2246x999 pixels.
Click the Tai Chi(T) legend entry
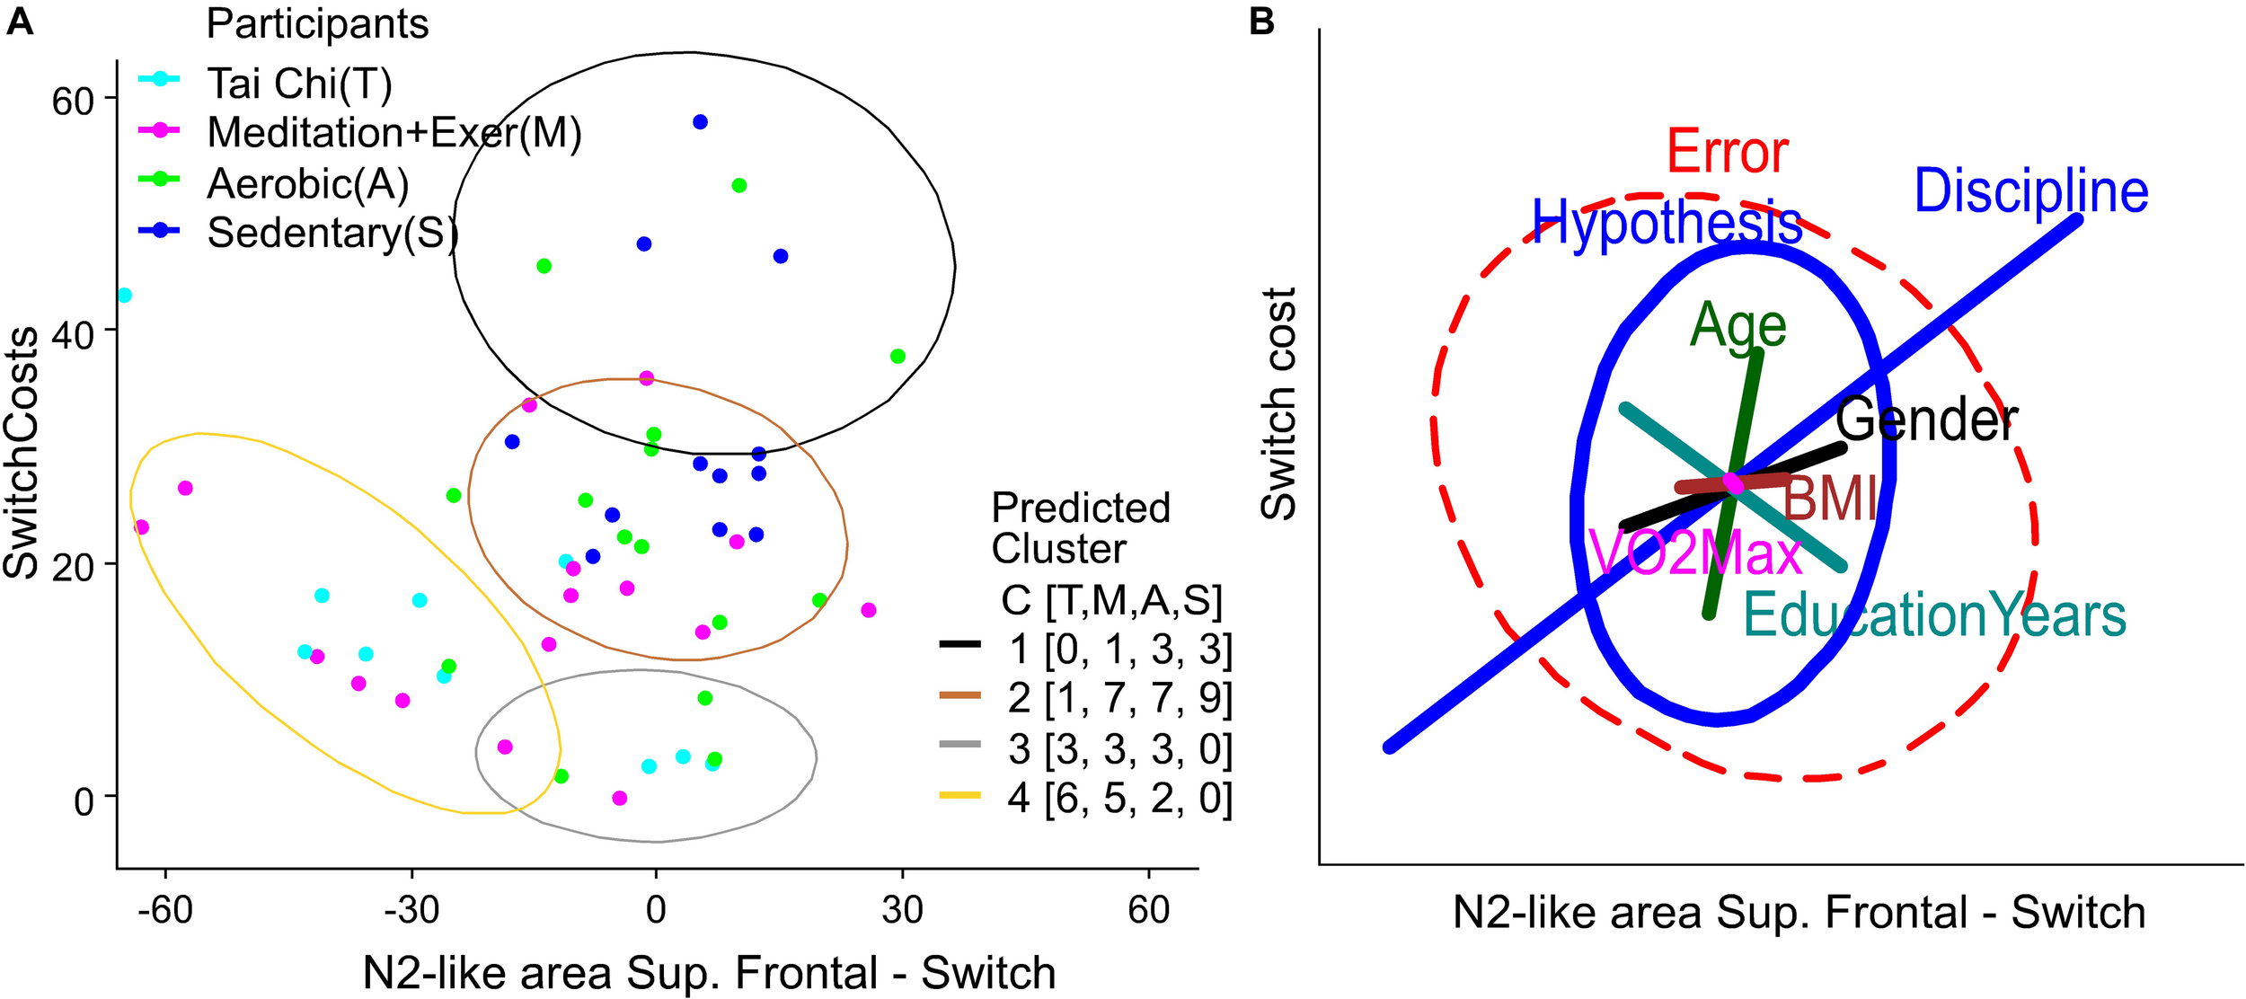coord(299,84)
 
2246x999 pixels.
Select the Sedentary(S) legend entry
coord(332,233)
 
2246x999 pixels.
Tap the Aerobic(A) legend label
coord(308,183)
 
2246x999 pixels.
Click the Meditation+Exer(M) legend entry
coord(393,133)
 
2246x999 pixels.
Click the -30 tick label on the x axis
coord(411,910)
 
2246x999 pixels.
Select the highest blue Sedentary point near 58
coord(700,122)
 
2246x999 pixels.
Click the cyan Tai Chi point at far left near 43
coord(125,296)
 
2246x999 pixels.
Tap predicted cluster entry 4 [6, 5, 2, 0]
coord(1119,798)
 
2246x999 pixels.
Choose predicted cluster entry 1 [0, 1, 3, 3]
coord(1119,649)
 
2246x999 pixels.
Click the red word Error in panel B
coord(1727,153)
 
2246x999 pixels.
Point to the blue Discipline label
coord(2030,191)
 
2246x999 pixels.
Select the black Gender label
coord(1926,420)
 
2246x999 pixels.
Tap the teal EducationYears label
coord(1934,616)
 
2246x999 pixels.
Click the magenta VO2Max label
coord(1694,553)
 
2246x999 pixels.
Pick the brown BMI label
coord(1829,499)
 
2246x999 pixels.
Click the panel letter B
coord(1261,22)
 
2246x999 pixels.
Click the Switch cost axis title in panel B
coord(1278,404)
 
